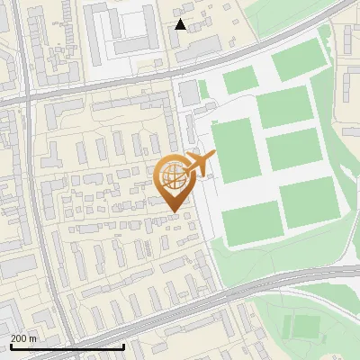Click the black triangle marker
click(181, 24)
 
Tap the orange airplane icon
click(198, 165)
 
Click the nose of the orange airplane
click(214, 156)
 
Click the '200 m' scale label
click(24, 337)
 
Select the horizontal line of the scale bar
click(67, 346)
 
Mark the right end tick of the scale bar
click(123, 345)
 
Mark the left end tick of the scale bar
click(10, 345)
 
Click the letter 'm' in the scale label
click(33, 337)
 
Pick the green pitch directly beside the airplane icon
click(236, 149)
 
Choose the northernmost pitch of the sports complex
click(300, 61)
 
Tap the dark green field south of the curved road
click(306, 326)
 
